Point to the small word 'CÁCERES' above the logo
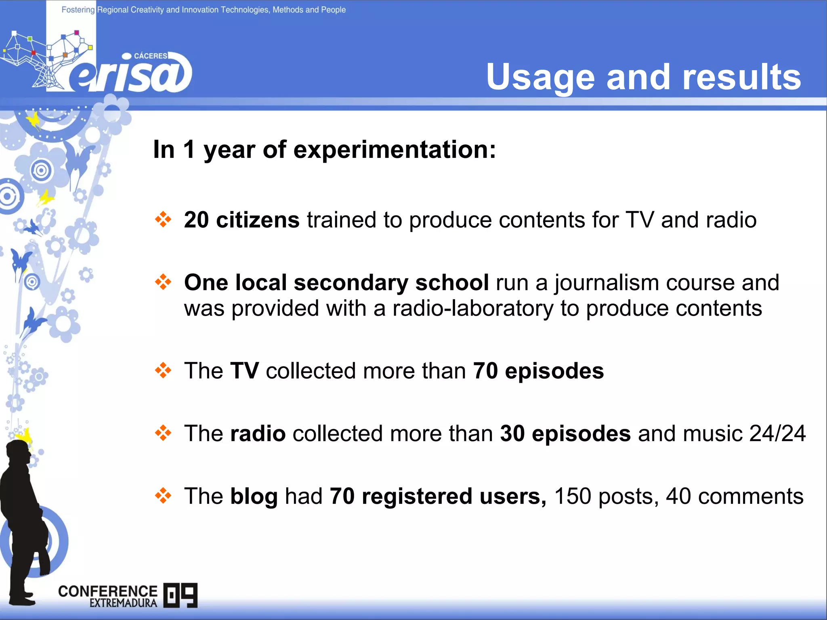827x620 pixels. [150, 56]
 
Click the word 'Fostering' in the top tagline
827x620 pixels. [78, 10]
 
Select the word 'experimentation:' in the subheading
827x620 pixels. [395, 150]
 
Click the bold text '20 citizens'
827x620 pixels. [241, 220]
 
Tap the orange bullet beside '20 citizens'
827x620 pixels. [163, 219]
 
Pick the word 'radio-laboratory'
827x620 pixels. [473, 308]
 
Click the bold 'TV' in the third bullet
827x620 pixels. [244, 371]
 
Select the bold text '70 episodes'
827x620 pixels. [538, 371]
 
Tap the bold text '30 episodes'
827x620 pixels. [565, 434]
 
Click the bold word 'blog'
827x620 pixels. [254, 496]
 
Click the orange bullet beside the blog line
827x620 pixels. [163, 495]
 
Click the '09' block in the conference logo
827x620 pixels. [181, 595]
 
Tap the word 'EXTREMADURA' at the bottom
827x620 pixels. [123, 603]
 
